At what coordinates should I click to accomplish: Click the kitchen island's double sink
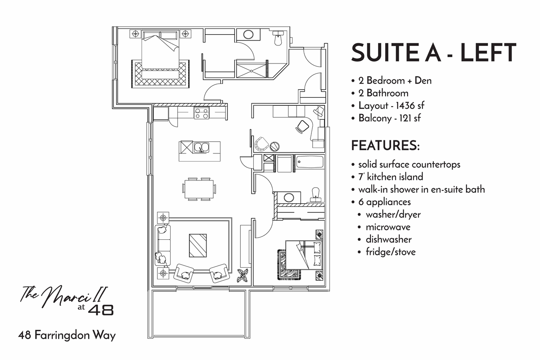pos(202,147)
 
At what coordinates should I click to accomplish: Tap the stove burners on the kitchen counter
pos(202,113)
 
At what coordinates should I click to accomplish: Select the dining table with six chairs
pos(198,189)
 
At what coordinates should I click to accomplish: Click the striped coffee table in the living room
pos(198,246)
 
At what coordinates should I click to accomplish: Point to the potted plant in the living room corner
pos(243,275)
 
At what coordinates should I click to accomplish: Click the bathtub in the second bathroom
pos(310,162)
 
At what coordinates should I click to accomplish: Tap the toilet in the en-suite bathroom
pos(278,39)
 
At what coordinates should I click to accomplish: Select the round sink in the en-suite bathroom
pos(247,34)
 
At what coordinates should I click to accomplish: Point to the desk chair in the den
pos(301,127)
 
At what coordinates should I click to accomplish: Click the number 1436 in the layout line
pos(402,106)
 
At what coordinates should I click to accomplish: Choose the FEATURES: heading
pos(385,146)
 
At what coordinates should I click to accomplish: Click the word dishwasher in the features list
pos(388,239)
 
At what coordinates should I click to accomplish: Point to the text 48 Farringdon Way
pos(67,335)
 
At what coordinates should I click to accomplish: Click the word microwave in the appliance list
pos(388,227)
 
